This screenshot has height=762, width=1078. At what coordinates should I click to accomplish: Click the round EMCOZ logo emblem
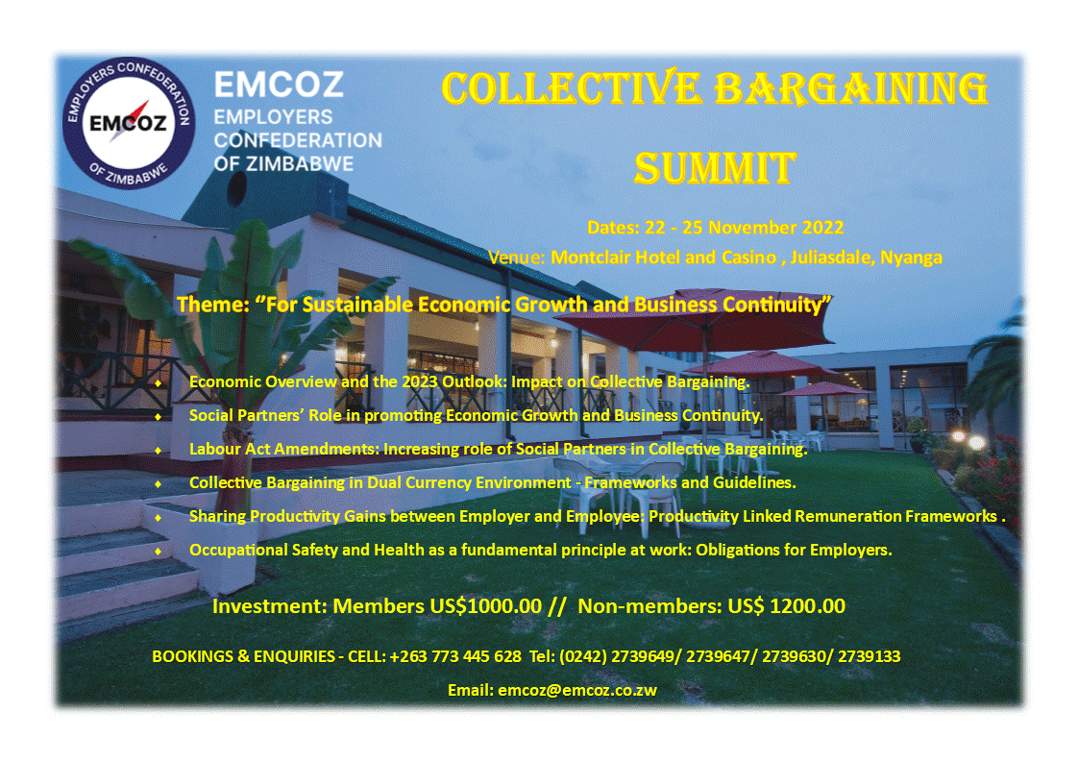coord(129,123)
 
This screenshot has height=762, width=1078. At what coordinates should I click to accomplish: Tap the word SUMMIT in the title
coord(715,168)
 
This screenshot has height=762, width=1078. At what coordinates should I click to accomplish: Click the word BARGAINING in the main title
coord(851,88)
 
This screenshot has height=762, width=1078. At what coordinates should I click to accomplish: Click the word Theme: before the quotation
coord(213,304)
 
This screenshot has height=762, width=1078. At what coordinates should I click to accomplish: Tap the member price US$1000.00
coord(485,606)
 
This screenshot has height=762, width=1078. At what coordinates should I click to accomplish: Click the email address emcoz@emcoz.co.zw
coord(577,690)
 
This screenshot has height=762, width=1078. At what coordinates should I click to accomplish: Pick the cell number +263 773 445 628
coord(455,656)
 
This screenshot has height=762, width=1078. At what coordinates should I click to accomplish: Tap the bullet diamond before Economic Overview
coord(159,383)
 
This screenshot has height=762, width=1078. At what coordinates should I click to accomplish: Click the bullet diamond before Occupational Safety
coord(159,551)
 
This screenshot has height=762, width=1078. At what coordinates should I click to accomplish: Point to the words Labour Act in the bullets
coord(230,449)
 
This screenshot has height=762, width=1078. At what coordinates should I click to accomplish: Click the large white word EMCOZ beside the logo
coord(279,86)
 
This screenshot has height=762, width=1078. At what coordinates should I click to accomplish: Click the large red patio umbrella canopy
coord(695,322)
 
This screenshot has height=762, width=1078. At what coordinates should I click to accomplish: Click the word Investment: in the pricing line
coord(270,606)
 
